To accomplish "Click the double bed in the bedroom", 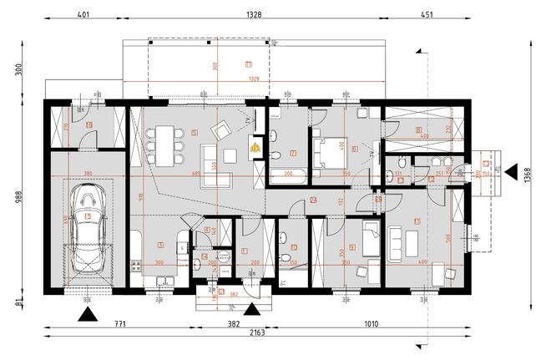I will (326, 154).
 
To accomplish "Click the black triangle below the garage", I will (87, 314).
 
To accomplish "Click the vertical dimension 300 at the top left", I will (16, 70).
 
